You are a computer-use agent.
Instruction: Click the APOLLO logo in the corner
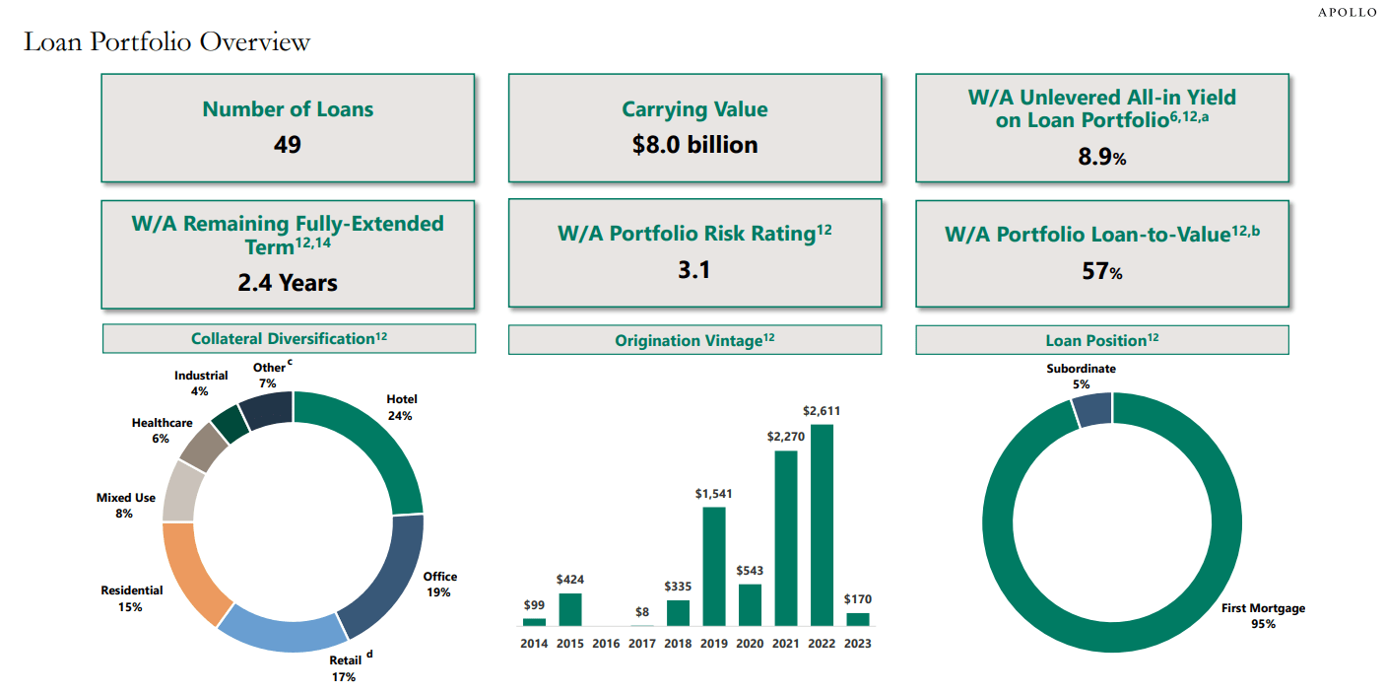1347,12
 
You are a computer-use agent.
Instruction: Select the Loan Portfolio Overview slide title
166,41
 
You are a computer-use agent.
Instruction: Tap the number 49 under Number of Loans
287,145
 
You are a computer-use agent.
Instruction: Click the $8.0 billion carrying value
694,145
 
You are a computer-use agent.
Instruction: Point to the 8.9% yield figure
1101,156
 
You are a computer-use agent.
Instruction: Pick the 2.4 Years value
287,283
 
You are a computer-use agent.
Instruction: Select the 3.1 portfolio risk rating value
694,270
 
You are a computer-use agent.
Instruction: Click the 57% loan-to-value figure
1101,272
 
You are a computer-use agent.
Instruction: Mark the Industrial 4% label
201,383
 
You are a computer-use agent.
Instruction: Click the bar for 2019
714,566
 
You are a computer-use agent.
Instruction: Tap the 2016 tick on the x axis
606,644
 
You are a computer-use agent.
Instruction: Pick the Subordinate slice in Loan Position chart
1091,408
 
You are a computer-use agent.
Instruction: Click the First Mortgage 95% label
1263,616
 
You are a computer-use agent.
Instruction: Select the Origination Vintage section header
694,340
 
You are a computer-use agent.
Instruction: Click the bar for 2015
570,609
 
